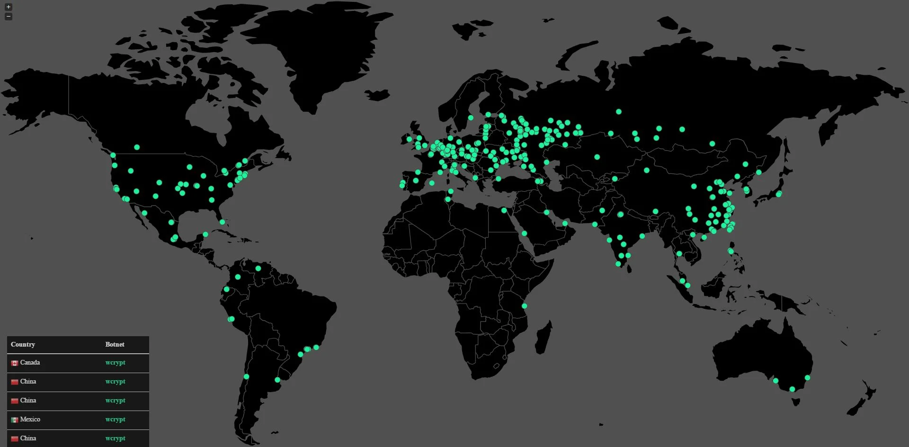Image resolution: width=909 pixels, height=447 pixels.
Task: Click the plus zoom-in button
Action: pyautogui.click(x=9, y=7)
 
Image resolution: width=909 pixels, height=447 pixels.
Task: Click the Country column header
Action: pyautogui.click(x=23, y=344)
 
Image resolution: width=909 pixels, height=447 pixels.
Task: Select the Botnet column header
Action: pyautogui.click(x=115, y=344)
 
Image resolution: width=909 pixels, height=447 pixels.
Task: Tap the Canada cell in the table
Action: pyautogui.click(x=30, y=363)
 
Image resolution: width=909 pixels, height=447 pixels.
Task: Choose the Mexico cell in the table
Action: pyautogui.click(x=30, y=420)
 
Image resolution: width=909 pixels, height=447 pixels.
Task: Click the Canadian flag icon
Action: pyautogui.click(x=15, y=363)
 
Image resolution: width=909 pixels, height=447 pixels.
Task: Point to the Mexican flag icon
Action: pyautogui.click(x=15, y=420)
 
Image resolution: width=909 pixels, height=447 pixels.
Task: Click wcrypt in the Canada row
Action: pyautogui.click(x=115, y=363)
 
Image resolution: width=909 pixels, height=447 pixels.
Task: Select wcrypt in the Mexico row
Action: pyautogui.click(x=115, y=420)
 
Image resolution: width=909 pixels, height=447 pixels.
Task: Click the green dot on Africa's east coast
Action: pyautogui.click(x=525, y=306)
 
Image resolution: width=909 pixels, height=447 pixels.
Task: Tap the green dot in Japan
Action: pyautogui.click(x=779, y=194)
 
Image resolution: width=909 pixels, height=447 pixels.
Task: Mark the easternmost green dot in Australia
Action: pyautogui.click(x=807, y=377)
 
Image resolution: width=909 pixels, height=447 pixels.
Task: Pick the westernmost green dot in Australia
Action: pyautogui.click(x=775, y=381)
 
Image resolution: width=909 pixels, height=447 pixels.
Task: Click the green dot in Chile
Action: pyautogui.click(x=246, y=376)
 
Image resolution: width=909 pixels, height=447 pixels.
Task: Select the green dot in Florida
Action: pyautogui.click(x=222, y=222)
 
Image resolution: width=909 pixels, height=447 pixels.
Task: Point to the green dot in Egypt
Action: pyautogui.click(x=504, y=210)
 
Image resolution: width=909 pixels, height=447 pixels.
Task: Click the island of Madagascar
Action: pyautogui.click(x=544, y=337)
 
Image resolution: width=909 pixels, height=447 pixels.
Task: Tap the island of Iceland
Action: pyautogui.click(x=377, y=95)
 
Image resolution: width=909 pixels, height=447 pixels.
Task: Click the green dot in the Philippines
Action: pyautogui.click(x=731, y=251)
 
